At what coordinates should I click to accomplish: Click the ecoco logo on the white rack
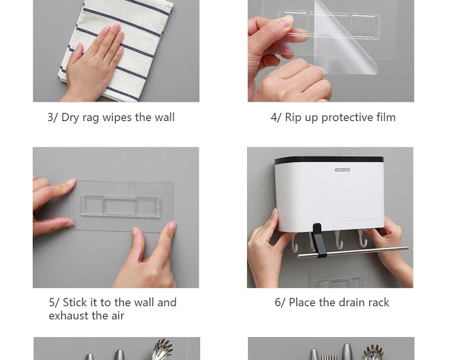(342, 169)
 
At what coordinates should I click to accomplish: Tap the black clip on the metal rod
(319, 240)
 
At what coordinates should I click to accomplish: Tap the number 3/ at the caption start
(53, 118)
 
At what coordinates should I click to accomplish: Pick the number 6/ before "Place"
(280, 303)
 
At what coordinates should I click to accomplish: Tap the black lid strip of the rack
(329, 160)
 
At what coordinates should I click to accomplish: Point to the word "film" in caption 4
(386, 117)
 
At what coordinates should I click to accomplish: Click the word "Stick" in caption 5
(75, 303)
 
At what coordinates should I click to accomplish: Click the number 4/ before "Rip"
(276, 118)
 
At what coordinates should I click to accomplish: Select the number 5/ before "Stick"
(54, 303)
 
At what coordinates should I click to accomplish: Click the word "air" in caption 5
(118, 316)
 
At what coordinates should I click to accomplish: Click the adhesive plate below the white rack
(339, 279)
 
